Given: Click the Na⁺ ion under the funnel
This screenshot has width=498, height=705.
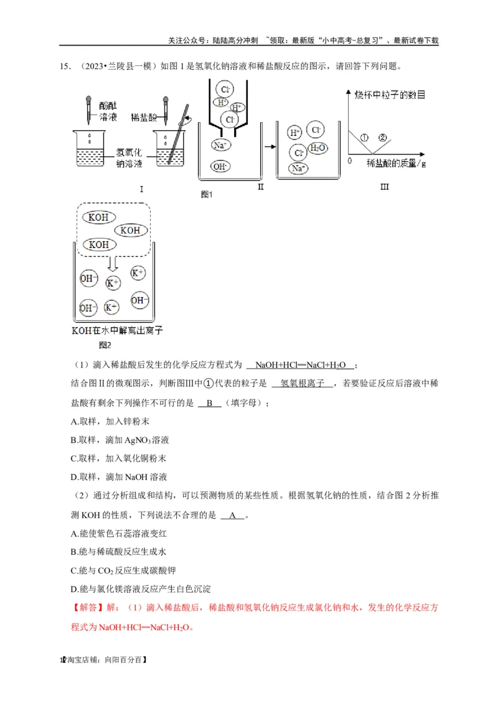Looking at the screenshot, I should coord(220,144).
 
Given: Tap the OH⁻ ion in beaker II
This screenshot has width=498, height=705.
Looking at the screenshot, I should coord(220,166).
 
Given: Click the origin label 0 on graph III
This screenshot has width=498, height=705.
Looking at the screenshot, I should coord(350,160).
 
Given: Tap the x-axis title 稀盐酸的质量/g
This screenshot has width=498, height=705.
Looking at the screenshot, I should coord(396,163).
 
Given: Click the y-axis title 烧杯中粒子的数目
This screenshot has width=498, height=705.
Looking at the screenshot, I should coord(390,95).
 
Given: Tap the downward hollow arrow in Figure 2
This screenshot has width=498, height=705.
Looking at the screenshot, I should coord(112,262).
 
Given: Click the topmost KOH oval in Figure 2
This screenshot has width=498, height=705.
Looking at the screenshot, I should coord(99,217).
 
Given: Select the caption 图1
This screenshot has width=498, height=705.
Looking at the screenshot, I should coord(207,194).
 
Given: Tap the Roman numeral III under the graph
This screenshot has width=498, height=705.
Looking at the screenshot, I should coord(384,186).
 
